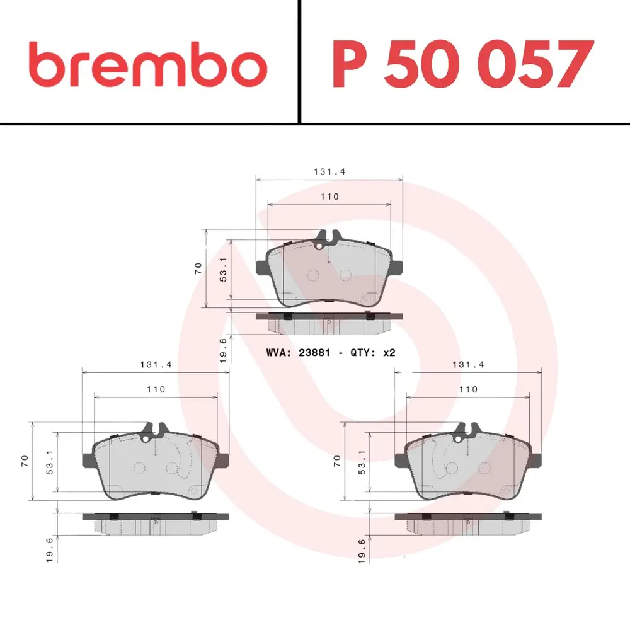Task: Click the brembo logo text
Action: (x=148, y=64)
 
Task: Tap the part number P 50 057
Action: (x=463, y=64)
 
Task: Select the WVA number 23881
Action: (x=314, y=353)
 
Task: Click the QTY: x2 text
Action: (x=373, y=353)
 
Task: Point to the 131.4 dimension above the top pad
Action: (x=329, y=171)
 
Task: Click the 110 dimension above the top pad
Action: (x=329, y=197)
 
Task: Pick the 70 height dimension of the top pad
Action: (x=198, y=268)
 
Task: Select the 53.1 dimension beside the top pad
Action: (x=223, y=269)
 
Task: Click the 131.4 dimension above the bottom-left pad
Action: (x=156, y=364)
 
